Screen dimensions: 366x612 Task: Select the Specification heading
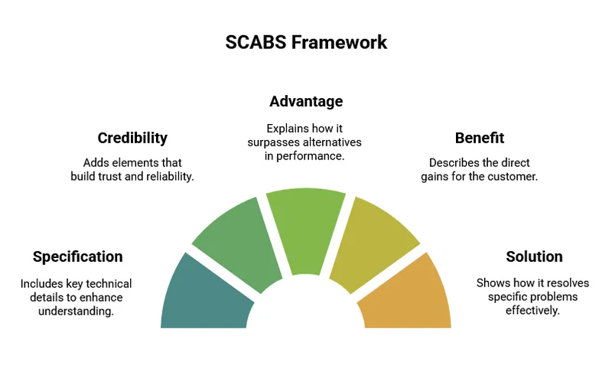coord(77,257)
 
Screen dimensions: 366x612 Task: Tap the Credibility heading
coord(132,138)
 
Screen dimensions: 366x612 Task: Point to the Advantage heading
coord(306,101)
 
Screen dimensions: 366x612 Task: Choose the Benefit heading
coord(480,138)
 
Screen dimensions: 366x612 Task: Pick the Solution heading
coord(534,257)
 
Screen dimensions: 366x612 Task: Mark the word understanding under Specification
coord(76,310)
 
